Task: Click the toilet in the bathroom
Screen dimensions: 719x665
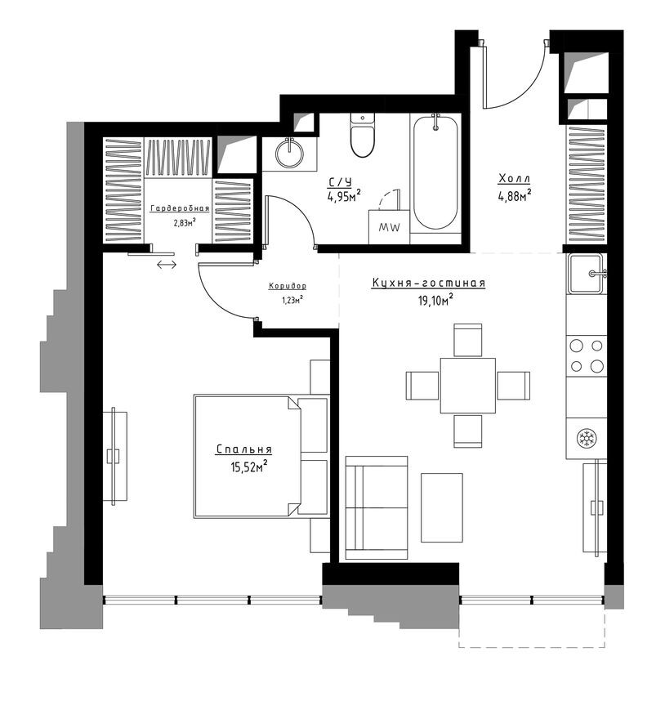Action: pyautogui.click(x=362, y=137)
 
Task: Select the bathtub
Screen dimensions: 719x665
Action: pyautogui.click(x=435, y=172)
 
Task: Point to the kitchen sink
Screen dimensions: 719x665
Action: pyautogui.click(x=587, y=273)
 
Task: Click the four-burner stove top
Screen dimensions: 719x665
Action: pyautogui.click(x=587, y=355)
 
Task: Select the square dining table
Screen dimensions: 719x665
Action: pyautogui.click(x=467, y=386)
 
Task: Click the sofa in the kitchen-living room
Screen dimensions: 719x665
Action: pyautogui.click(x=376, y=508)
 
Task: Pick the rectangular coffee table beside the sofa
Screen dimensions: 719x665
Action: pyautogui.click(x=441, y=507)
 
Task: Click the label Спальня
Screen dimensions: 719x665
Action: pyautogui.click(x=243, y=449)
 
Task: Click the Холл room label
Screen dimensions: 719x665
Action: pyautogui.click(x=515, y=179)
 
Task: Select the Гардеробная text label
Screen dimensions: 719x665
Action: pyautogui.click(x=179, y=208)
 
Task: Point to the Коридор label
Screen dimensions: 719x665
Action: pyautogui.click(x=287, y=286)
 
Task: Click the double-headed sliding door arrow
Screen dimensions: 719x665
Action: pyautogui.click(x=166, y=264)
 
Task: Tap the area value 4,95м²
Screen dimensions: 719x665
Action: pyautogui.click(x=344, y=196)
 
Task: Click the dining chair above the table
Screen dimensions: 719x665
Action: pyautogui.click(x=467, y=340)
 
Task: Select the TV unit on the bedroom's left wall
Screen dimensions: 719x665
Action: pyautogui.click(x=115, y=455)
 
